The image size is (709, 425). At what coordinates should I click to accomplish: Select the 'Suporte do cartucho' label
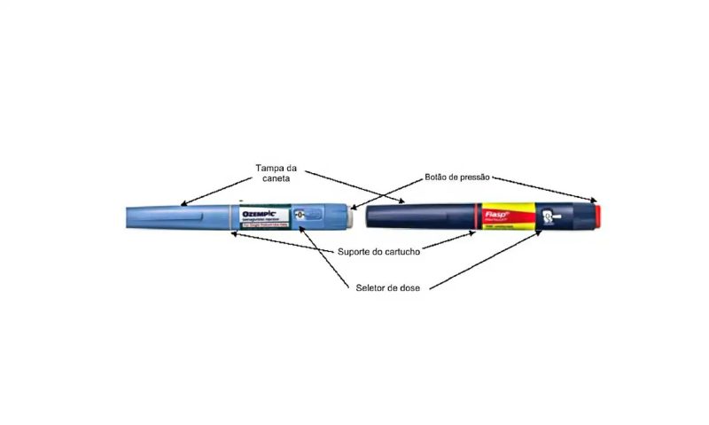pos(378,251)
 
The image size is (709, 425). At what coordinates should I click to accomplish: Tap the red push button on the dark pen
pos(598,216)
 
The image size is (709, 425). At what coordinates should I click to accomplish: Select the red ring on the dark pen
pos(479,217)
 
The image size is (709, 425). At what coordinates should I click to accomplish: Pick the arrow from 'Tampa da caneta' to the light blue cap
pos(213,189)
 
